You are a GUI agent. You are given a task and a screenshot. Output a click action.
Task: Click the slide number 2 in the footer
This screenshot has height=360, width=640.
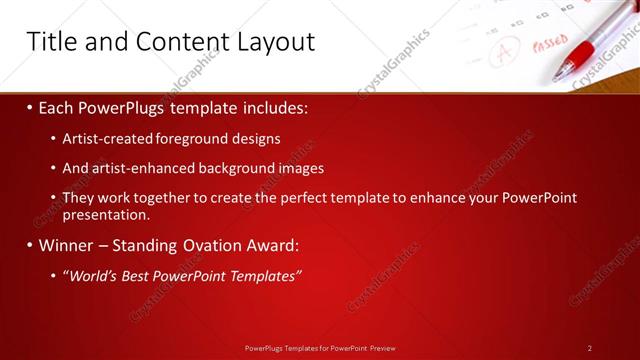pos(589,348)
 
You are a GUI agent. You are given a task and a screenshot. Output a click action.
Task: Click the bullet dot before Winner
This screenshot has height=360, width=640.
pos(30,245)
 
